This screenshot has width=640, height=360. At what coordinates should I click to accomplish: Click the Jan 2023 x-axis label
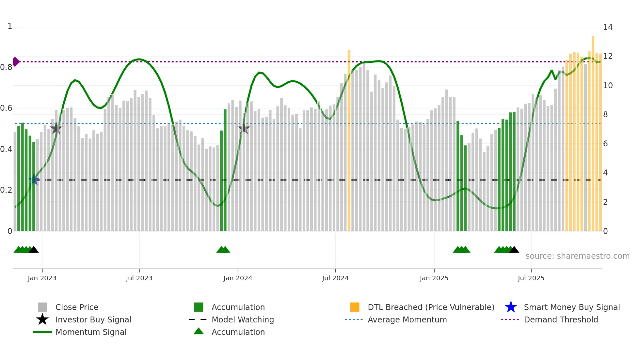coord(42,278)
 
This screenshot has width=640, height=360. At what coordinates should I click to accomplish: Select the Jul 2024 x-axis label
coord(335,278)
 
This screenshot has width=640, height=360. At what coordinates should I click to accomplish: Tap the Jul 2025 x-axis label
coord(531,278)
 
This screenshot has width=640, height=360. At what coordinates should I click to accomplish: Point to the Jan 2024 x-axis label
coord(238,278)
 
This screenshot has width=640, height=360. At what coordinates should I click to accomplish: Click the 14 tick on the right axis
coord(608,27)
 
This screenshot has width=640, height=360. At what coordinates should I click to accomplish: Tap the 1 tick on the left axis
coord(10,26)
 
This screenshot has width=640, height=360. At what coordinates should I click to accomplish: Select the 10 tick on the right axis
coord(608,86)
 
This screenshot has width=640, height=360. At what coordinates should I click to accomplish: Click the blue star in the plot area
coord(34,180)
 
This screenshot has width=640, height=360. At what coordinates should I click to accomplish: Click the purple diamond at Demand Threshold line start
coord(16,61)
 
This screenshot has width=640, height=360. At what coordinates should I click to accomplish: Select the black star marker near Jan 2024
coord(244,128)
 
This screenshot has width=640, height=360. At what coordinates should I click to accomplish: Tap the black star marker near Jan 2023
coord(56,128)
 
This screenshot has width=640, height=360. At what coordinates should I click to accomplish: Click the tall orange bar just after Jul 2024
coord(349,140)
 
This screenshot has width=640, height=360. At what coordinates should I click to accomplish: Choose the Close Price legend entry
coord(77,307)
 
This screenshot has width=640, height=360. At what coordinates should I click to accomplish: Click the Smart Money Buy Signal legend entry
coord(571,307)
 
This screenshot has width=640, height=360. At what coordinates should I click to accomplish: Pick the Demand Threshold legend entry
coord(561,319)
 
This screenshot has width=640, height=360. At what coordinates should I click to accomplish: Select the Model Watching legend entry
coord(243,319)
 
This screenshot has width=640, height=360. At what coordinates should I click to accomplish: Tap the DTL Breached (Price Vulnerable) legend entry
coord(431,307)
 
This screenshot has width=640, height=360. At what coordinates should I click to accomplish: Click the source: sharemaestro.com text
coord(577,256)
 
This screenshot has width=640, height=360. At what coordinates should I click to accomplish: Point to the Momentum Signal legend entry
coord(91,332)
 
